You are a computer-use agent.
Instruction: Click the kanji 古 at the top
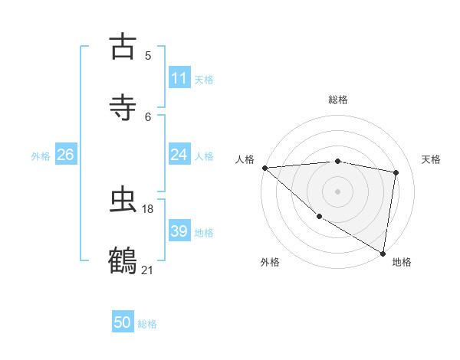click(123, 47)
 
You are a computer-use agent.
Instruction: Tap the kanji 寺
click(123, 107)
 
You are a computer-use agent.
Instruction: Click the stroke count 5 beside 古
click(148, 55)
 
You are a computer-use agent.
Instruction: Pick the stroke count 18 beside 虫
click(148, 208)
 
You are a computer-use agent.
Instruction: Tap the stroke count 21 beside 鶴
click(148, 270)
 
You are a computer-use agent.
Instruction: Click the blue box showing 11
click(179, 78)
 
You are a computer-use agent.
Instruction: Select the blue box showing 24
click(179, 155)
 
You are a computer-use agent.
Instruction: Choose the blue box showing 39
click(179, 231)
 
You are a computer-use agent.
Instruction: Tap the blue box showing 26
click(65, 155)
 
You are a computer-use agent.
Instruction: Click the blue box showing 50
click(123, 323)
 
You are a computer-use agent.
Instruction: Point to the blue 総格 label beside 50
click(147, 324)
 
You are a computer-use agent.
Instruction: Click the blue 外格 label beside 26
click(41, 155)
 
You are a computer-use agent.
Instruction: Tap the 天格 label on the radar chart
click(432, 159)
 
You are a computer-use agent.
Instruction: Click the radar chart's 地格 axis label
click(402, 262)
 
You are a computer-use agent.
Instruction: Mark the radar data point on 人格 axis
click(264, 168)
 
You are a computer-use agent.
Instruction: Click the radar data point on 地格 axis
click(382, 253)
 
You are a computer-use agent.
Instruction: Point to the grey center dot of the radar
click(337, 191)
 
